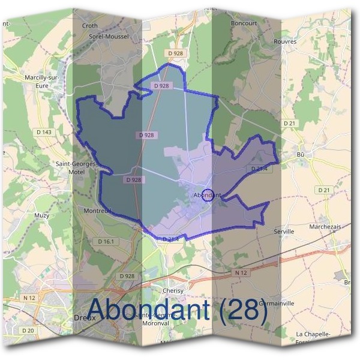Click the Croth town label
(89, 26)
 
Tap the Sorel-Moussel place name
(110, 36)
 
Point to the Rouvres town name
(284, 41)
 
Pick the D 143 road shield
(44, 132)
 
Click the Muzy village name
(42, 214)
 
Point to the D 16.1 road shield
(105, 241)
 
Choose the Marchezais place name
(325, 226)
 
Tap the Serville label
(284, 231)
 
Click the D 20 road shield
(28, 331)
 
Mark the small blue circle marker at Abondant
(208, 195)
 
